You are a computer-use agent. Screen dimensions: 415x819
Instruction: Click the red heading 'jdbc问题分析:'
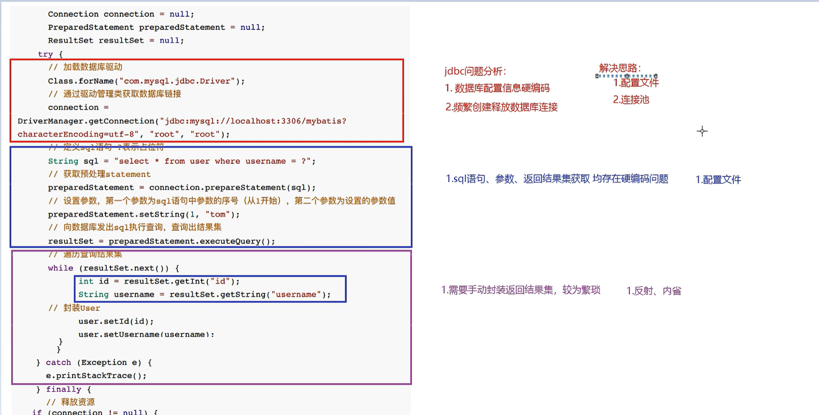[x=475, y=71]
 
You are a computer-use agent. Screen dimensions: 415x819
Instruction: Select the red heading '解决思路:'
[x=620, y=68]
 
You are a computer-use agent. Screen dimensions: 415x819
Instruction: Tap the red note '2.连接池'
[x=631, y=100]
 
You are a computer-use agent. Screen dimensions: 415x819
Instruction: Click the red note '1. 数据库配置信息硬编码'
[x=497, y=88]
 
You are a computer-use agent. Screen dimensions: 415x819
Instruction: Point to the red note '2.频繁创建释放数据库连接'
[x=501, y=107]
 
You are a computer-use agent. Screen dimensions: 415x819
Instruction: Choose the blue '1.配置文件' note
[x=718, y=179]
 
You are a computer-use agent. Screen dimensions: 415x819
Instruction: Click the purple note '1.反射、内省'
[x=653, y=291]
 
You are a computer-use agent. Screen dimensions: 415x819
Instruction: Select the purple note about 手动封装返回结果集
[x=520, y=290]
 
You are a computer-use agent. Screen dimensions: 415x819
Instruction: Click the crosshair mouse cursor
[x=702, y=131]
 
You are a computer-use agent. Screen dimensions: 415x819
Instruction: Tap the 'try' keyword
[x=45, y=54]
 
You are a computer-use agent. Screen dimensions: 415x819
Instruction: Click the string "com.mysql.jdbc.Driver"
[x=177, y=81]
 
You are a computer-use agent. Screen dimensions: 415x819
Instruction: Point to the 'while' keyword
[x=60, y=268]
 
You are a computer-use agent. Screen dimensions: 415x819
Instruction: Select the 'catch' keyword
[x=58, y=363]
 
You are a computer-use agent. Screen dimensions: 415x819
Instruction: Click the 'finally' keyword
[x=64, y=389]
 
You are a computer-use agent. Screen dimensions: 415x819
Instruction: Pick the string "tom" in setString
[x=218, y=215]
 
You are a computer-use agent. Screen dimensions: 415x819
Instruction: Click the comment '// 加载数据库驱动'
[x=85, y=67]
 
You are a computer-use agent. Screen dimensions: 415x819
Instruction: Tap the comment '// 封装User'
[x=74, y=308]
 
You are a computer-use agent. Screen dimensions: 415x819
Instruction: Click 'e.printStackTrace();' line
[x=96, y=376]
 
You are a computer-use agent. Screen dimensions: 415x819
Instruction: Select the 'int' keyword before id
[x=86, y=281]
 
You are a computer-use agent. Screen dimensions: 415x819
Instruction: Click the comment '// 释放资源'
[x=70, y=402]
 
